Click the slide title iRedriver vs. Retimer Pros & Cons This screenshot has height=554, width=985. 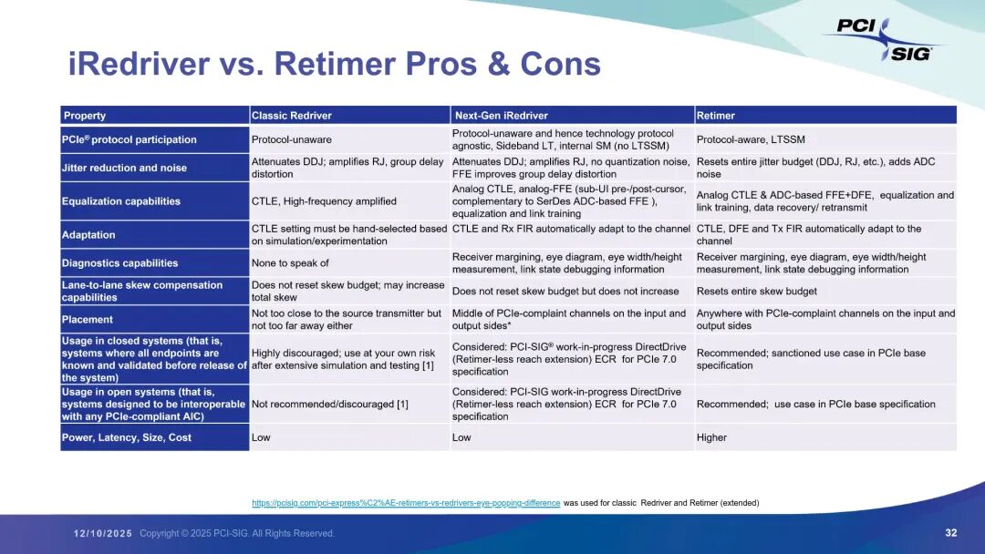[334, 64]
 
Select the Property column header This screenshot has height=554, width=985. [85, 116]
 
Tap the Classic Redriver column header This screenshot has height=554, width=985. [292, 116]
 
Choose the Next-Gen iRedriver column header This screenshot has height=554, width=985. [502, 116]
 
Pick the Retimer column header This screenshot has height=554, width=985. [716, 116]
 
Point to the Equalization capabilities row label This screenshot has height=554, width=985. [121, 201]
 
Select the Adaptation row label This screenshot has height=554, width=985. [88, 235]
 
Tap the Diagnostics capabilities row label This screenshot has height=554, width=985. [120, 263]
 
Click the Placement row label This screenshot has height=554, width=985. [88, 319]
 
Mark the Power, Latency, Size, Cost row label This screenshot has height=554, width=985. [126, 437]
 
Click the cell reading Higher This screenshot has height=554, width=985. [711, 437]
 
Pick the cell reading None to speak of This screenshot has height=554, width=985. [290, 263]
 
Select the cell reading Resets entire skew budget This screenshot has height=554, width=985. [756, 291]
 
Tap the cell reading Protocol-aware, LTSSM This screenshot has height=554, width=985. [751, 139]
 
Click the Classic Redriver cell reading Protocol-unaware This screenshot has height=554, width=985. [292, 139]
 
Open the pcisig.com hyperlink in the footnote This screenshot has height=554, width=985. [406, 503]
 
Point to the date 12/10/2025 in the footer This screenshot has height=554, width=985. [103, 533]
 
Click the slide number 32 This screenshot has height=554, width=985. [951, 533]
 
